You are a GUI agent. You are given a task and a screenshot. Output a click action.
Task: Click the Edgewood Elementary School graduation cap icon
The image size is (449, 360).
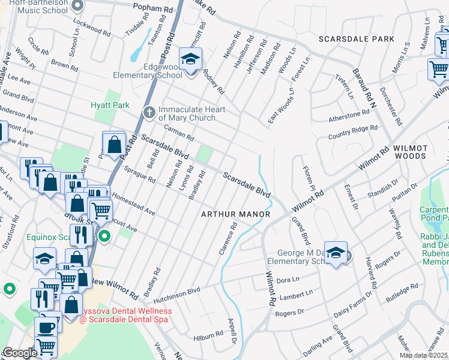click(x=191, y=61)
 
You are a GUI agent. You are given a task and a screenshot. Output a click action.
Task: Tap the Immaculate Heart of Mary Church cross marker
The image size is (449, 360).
click(x=150, y=112)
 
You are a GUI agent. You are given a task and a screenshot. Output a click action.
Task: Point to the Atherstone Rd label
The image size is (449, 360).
click(x=348, y=113)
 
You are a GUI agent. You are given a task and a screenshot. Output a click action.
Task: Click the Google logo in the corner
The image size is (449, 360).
click(x=20, y=353)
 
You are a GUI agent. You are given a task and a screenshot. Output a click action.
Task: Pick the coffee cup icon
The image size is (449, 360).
click(x=46, y=328)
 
